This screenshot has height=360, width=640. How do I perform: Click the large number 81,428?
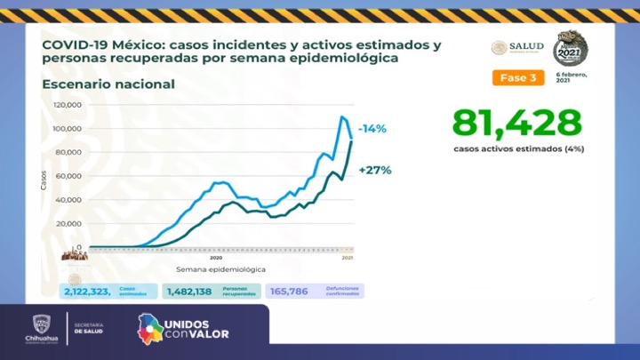tap(516, 123)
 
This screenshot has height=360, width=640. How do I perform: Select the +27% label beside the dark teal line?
tap(375, 169)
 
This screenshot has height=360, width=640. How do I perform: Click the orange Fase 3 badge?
tap(517, 77)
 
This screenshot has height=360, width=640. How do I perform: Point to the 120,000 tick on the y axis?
tap(68, 105)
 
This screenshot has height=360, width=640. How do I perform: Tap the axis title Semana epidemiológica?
tap(220, 268)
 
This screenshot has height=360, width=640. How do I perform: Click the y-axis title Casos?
tap(44, 179)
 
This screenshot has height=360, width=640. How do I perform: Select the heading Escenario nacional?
tap(108, 84)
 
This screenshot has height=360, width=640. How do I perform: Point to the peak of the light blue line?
tap(342, 116)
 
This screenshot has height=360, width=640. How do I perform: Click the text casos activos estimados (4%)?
tap(516, 150)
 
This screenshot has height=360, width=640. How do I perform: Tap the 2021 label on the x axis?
tap(347, 258)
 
